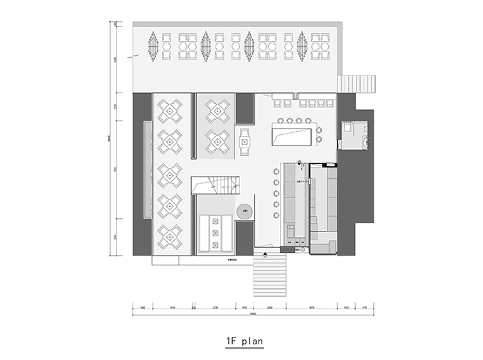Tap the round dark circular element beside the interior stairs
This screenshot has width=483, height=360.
[x=244, y=211]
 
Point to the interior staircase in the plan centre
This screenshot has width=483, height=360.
[x=217, y=186]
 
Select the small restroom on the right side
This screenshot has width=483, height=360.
[x=353, y=134]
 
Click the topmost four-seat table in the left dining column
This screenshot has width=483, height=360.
[x=170, y=110]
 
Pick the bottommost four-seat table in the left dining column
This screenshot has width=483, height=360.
[x=170, y=237]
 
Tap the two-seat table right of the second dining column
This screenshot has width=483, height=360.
[x=244, y=141]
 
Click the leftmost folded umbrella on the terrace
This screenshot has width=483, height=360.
[x=153, y=45]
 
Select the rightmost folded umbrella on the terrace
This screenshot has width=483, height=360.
[x=303, y=45]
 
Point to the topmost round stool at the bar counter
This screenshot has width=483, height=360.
[x=275, y=172]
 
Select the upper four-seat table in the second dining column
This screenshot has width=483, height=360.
[x=217, y=110]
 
